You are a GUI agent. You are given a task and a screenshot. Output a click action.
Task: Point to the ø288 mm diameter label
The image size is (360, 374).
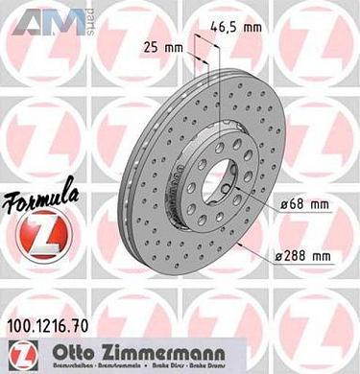point(301,254)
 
